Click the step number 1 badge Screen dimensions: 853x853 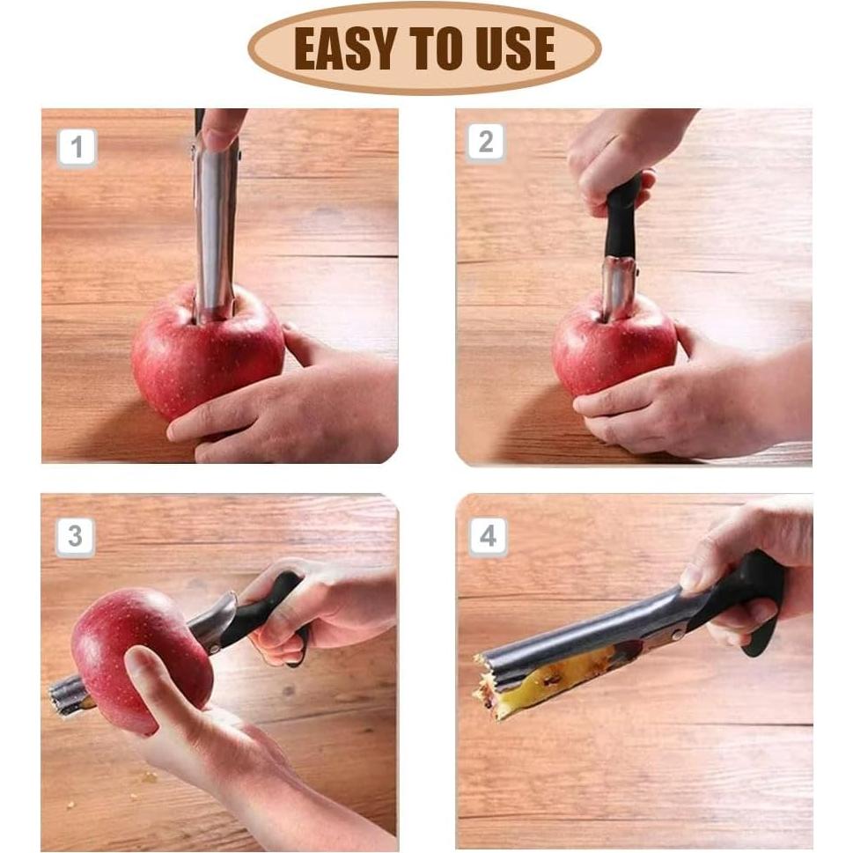point(77,147)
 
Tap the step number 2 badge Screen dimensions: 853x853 point(486,143)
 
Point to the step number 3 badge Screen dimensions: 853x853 point(75,537)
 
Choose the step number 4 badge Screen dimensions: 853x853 point(488,536)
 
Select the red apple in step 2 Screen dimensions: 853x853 point(612,349)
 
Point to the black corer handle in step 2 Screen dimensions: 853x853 point(621,217)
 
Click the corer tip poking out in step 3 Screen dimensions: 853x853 point(68,695)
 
